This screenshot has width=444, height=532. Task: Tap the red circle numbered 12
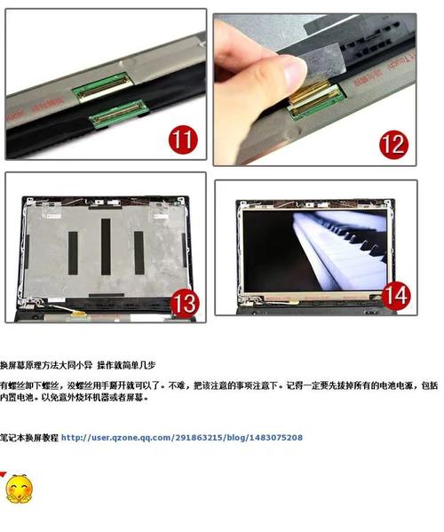(x=392, y=143)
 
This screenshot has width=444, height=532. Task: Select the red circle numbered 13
(x=184, y=301)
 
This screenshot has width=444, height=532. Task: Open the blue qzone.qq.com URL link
(x=182, y=438)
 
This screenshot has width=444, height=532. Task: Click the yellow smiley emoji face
(x=18, y=488)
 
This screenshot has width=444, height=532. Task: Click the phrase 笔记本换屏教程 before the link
(x=29, y=438)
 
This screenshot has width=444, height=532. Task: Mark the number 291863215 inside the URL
(x=200, y=438)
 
